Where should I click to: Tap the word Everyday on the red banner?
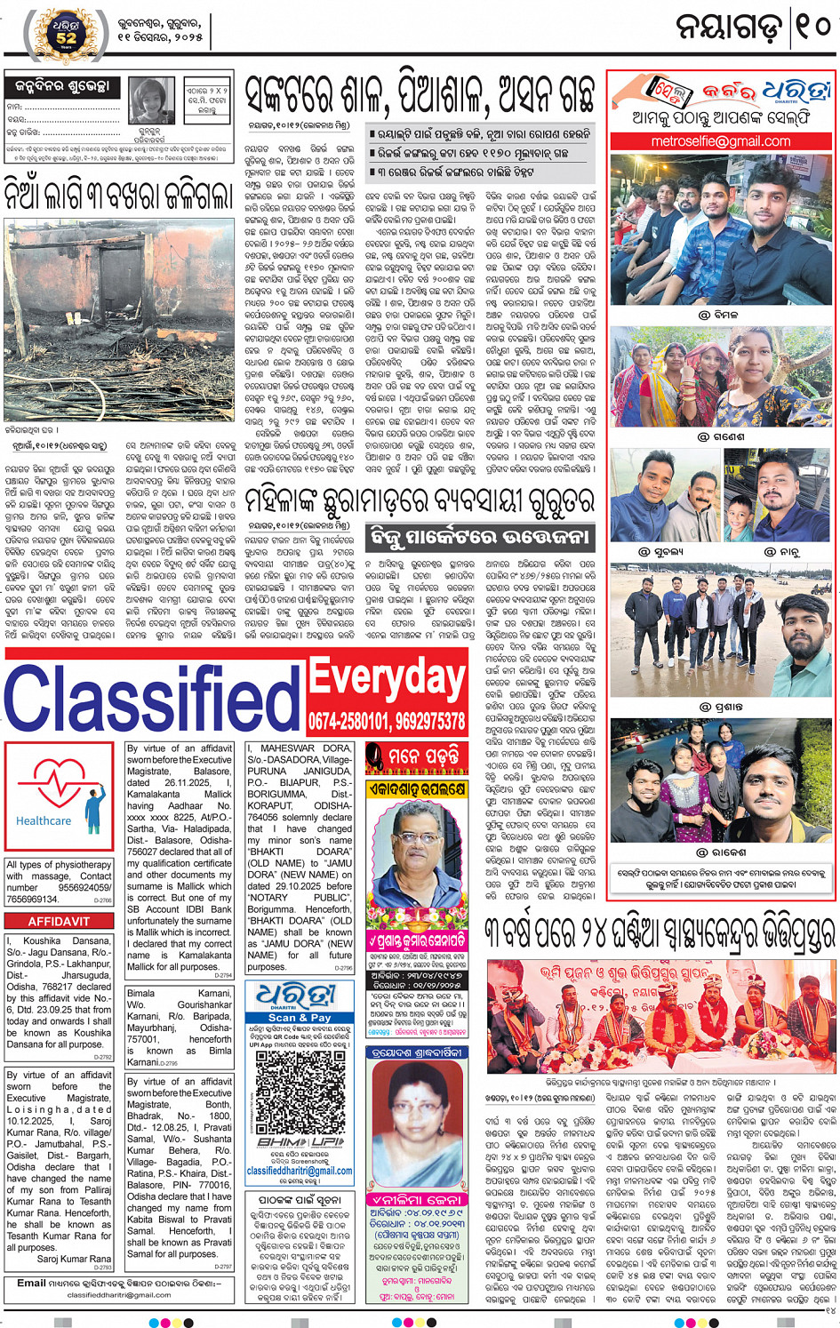point(388,680)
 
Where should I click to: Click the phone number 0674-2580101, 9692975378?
point(388,721)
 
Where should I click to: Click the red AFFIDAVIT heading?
point(59,922)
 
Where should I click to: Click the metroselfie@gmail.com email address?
point(720,141)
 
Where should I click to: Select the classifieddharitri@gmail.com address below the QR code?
point(300,1171)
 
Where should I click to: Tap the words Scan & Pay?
point(300,1018)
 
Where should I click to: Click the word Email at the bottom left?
point(31,1283)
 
